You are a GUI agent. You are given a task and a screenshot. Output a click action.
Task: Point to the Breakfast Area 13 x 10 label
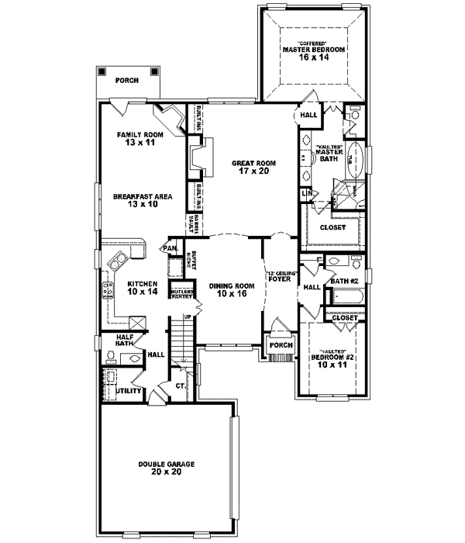pyautogui.click(x=140, y=201)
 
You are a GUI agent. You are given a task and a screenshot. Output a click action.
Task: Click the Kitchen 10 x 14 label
pyautogui.click(x=143, y=288)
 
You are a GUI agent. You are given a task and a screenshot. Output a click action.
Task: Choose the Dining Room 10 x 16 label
pyautogui.click(x=232, y=290)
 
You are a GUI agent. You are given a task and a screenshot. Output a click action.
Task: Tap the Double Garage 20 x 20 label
pyautogui.click(x=167, y=467)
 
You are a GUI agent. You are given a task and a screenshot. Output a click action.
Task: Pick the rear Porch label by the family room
pyautogui.click(x=127, y=80)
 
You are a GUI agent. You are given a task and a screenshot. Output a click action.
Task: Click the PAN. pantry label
pyautogui.click(x=170, y=248)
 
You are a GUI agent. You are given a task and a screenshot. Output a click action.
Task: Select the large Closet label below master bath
pyautogui.click(x=332, y=227)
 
